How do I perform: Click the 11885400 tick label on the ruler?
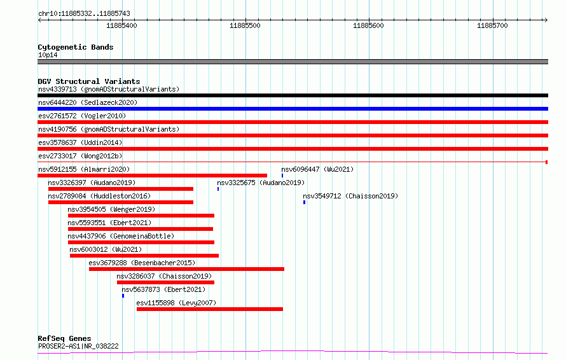121,25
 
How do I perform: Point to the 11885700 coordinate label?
492,25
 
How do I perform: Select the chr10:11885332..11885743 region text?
84,14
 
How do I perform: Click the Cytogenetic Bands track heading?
76,47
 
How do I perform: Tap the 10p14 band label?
48,55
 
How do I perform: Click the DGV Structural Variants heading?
89,81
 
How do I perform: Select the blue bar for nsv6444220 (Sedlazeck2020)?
293,109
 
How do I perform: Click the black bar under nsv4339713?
293,95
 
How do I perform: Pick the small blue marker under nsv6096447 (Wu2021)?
282,176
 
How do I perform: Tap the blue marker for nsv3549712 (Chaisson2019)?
304,202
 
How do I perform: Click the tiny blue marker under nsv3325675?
218,189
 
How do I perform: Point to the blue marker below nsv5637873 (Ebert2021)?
123,296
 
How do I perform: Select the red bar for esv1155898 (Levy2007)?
210,309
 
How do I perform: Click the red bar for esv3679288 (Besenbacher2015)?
186,269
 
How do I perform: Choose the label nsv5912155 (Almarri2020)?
84,169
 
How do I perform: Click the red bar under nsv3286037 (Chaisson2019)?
166,282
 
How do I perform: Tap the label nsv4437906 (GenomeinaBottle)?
121,236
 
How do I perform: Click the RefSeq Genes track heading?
64,338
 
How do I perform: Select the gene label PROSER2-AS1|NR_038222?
78,346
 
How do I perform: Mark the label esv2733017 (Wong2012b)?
80,156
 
